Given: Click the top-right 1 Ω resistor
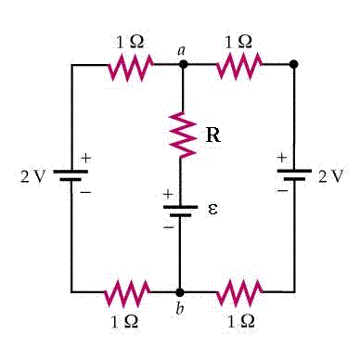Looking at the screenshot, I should click(x=239, y=65).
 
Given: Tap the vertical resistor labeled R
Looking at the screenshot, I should click(x=183, y=135).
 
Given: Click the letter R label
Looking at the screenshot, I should click(x=212, y=135).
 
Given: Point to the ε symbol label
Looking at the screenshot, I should click(x=212, y=209).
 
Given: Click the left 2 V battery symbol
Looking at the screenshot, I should click(x=71, y=175).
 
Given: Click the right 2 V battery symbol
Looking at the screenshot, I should click(x=294, y=175).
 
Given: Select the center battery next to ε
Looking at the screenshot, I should click(x=182, y=211).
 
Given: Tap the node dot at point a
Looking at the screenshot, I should click(x=183, y=65).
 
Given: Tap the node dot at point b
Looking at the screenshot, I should click(x=181, y=291).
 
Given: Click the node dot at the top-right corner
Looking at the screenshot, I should click(x=294, y=65).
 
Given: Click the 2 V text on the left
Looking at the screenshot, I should click(x=32, y=176).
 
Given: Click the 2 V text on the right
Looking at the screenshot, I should click(x=331, y=176).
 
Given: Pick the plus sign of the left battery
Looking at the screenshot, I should click(x=85, y=159).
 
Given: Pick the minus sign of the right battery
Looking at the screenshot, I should click(x=280, y=190).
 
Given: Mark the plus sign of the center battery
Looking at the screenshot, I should click(x=168, y=195).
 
